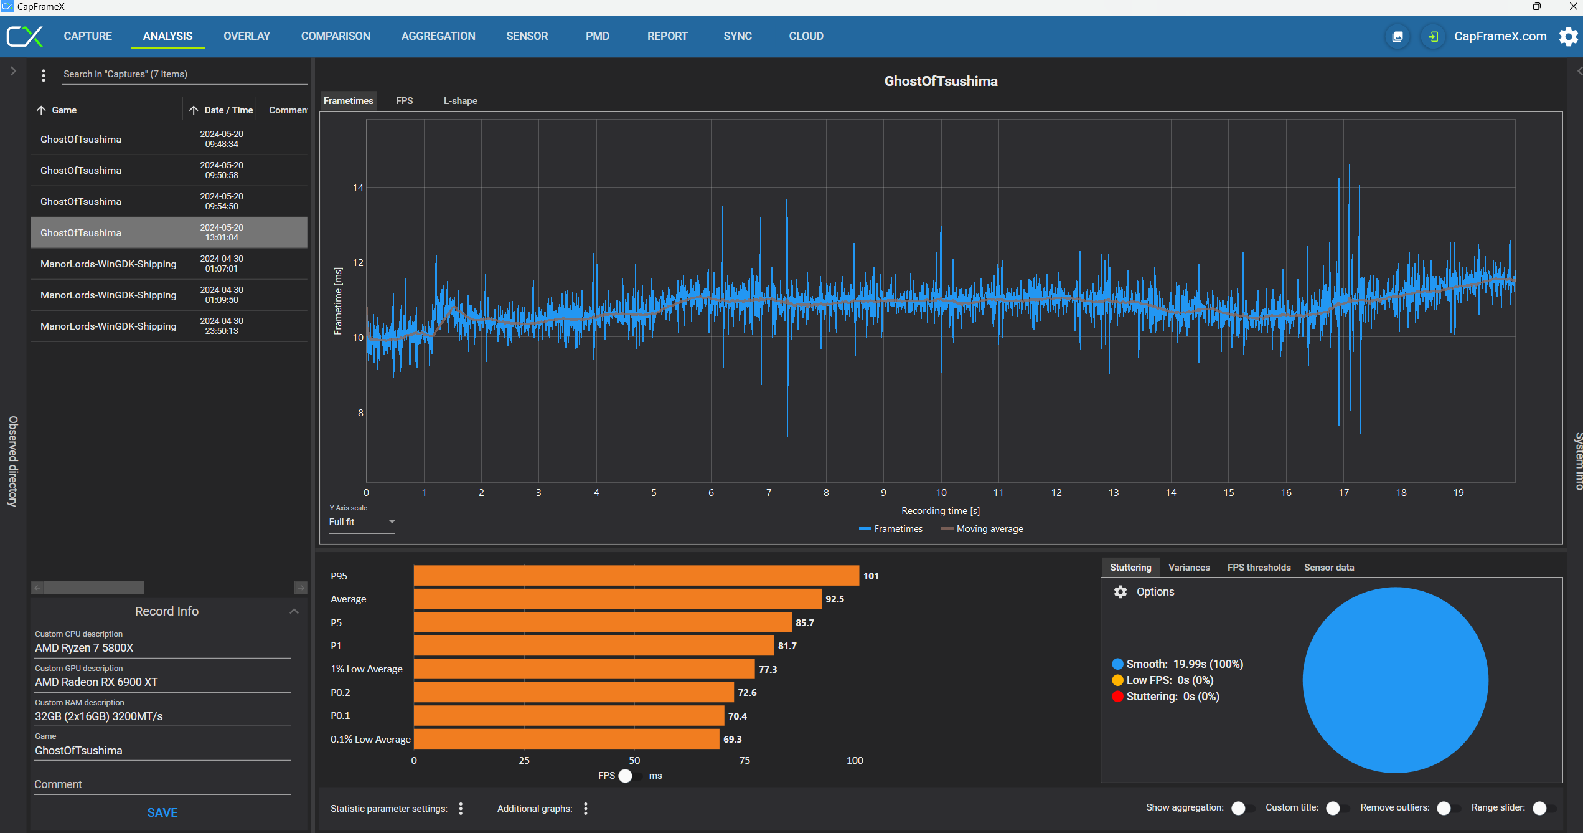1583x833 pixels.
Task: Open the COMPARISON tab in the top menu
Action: click(x=336, y=36)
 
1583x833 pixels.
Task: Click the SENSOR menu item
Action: click(x=527, y=36)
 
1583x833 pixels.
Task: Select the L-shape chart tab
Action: click(x=460, y=101)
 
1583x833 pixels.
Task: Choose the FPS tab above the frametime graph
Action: click(x=404, y=101)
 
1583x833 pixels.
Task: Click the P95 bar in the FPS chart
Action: click(x=636, y=576)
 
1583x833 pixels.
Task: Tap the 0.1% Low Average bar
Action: click(x=566, y=739)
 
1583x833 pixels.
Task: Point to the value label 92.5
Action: click(x=835, y=599)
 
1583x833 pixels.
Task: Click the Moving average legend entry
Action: click(x=982, y=529)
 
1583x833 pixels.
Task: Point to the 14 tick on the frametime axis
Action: click(x=358, y=188)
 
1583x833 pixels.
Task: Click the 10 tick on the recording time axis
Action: click(x=941, y=493)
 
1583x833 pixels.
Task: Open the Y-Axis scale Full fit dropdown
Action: click(x=362, y=522)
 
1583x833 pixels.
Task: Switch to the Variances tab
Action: click(x=1189, y=568)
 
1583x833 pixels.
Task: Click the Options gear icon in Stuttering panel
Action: click(x=1120, y=592)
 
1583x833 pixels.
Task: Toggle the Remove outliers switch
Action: click(x=1448, y=808)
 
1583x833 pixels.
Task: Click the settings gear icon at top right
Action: click(x=1568, y=36)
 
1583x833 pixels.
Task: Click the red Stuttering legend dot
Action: click(x=1118, y=697)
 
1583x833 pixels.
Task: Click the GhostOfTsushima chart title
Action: click(x=941, y=82)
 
